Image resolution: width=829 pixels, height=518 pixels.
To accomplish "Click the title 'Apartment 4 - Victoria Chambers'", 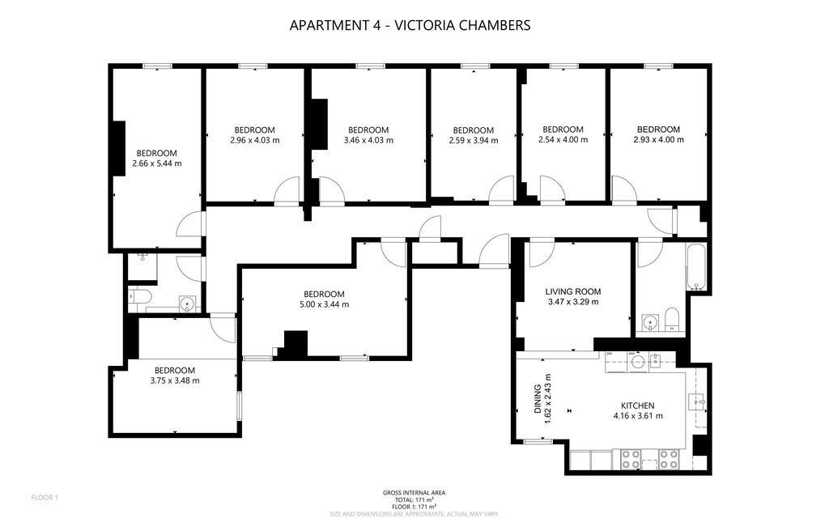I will (x=410, y=25).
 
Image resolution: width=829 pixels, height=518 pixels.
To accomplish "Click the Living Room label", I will (x=572, y=291).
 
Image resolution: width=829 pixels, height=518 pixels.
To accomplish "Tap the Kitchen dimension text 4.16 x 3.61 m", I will (x=638, y=416).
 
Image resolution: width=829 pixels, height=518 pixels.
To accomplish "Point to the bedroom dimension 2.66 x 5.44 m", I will (x=157, y=163).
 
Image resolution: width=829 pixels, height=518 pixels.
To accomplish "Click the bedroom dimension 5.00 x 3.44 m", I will (x=324, y=304).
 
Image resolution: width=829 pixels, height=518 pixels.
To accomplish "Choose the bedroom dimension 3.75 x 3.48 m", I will (x=175, y=380).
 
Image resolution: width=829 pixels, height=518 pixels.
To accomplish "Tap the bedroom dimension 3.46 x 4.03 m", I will (x=368, y=140).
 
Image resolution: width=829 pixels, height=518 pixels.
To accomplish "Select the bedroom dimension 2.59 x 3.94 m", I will (x=474, y=140).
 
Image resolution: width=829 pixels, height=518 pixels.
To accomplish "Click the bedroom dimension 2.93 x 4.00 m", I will (x=658, y=139).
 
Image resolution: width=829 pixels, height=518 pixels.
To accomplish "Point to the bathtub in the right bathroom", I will (x=696, y=268).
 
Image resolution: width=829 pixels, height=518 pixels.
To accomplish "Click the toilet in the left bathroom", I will (x=137, y=299).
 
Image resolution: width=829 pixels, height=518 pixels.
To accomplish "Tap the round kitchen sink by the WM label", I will (x=639, y=361).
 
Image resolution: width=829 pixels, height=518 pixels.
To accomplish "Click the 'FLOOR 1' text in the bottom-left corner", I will (x=45, y=497).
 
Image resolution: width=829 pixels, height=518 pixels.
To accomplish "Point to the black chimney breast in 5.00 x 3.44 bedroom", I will (x=295, y=343).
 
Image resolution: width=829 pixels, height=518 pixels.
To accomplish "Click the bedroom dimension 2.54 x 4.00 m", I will (x=562, y=139).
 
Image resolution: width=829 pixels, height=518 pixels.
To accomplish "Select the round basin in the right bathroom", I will (x=648, y=322).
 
